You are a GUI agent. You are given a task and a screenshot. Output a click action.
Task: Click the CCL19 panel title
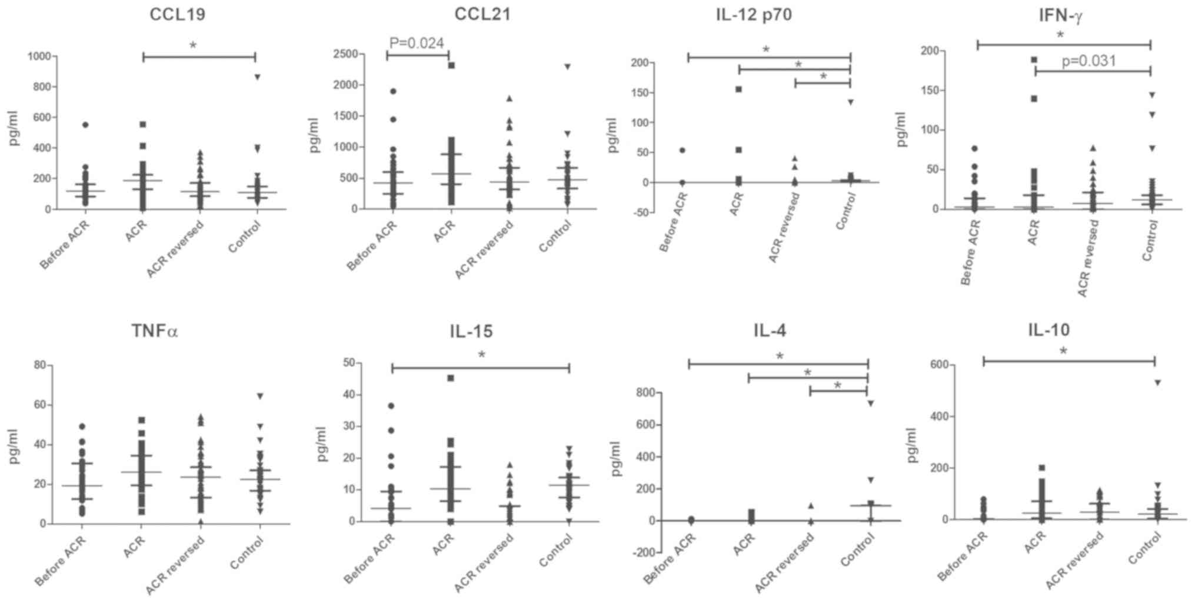pos(177,14)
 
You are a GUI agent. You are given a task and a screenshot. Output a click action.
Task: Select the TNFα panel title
pos(154,331)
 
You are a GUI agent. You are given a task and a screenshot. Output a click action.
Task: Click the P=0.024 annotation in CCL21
pos(417,43)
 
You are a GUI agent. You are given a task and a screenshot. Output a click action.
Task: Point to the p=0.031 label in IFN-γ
pos(1089,61)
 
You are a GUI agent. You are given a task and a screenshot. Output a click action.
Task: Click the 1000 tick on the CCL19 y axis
pos(41,56)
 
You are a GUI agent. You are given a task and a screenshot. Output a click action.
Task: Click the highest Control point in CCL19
pos(257,77)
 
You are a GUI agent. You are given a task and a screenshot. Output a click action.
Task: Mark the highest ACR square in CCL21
pos(451,65)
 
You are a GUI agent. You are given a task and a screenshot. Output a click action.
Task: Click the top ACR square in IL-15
pos(451,378)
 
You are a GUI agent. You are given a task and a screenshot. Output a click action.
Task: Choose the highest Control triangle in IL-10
pos(1157,383)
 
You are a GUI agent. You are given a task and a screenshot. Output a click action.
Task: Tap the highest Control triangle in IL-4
pos(870,404)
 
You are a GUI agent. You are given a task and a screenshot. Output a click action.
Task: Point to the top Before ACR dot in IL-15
pos(391,406)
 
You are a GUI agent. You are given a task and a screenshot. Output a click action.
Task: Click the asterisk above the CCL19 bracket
pos(193,46)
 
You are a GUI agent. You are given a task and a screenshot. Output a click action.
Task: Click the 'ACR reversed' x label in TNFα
pos(175,565)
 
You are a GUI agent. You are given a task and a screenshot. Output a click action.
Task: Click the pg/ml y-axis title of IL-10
pos(912,445)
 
